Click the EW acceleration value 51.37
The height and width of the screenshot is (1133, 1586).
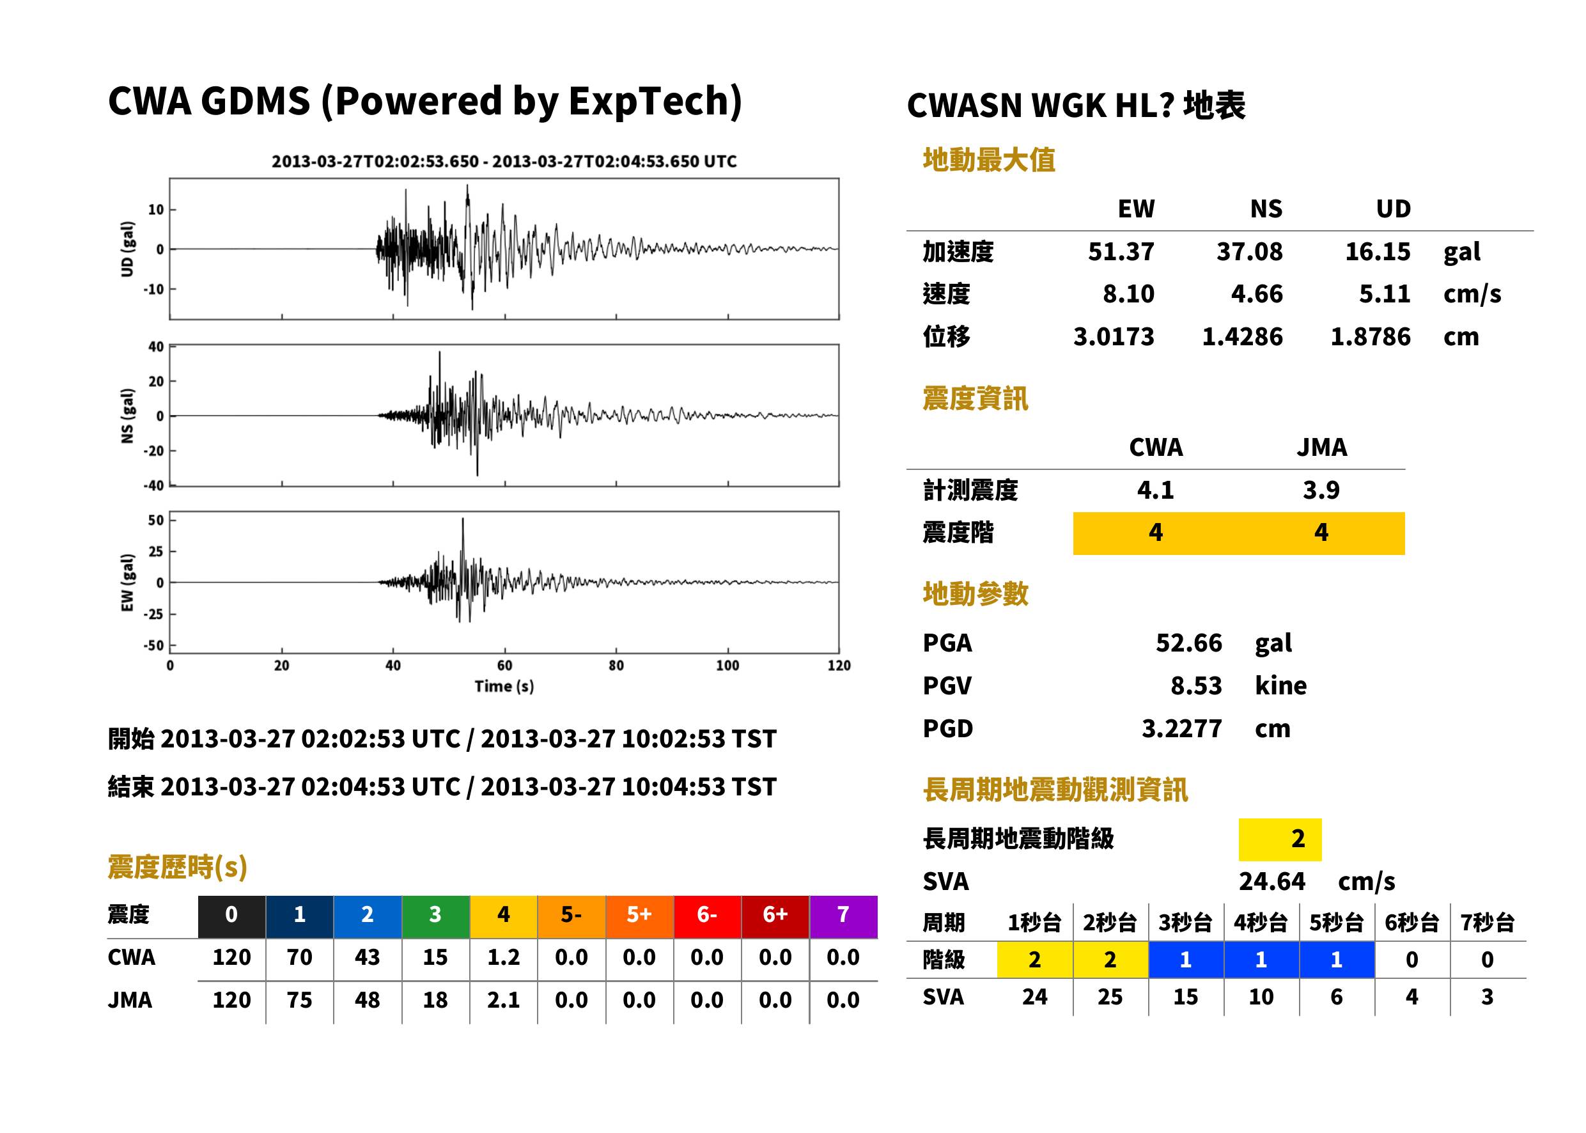[1120, 251]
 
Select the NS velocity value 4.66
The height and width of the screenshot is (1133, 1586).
[1256, 293]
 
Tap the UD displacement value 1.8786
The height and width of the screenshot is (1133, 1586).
[1370, 336]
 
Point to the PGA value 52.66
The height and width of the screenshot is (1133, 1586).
[1188, 643]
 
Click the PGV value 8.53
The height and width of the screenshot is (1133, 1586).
[1196, 685]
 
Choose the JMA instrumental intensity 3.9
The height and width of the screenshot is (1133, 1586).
[1321, 490]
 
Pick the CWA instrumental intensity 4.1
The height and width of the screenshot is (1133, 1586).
[1156, 490]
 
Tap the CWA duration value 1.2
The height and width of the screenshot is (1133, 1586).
[504, 957]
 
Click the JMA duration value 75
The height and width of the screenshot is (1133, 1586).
[299, 1000]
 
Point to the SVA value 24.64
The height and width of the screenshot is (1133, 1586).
[1271, 881]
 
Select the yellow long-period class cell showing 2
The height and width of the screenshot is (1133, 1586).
[1280, 839]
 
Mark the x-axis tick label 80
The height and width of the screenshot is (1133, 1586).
[616, 665]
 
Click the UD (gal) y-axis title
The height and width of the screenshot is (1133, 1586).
[127, 249]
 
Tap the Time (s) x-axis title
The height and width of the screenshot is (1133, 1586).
[504, 687]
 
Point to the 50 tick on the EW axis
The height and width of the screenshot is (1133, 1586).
[155, 520]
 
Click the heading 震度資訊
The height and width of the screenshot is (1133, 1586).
[975, 398]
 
